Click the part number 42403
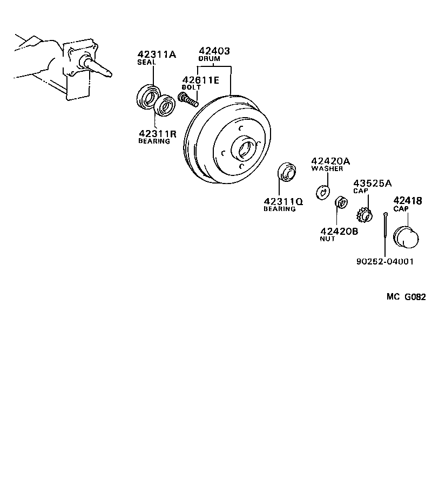tap(214, 51)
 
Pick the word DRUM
tap(208, 59)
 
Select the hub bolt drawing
tap(188, 99)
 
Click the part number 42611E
tap(200, 80)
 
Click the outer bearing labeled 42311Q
tap(286, 173)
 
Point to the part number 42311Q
tap(283, 201)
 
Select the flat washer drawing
tap(323, 191)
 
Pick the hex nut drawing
tap(341, 202)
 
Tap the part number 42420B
tap(339, 231)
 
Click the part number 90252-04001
tap(385, 261)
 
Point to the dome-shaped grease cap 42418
tap(407, 237)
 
